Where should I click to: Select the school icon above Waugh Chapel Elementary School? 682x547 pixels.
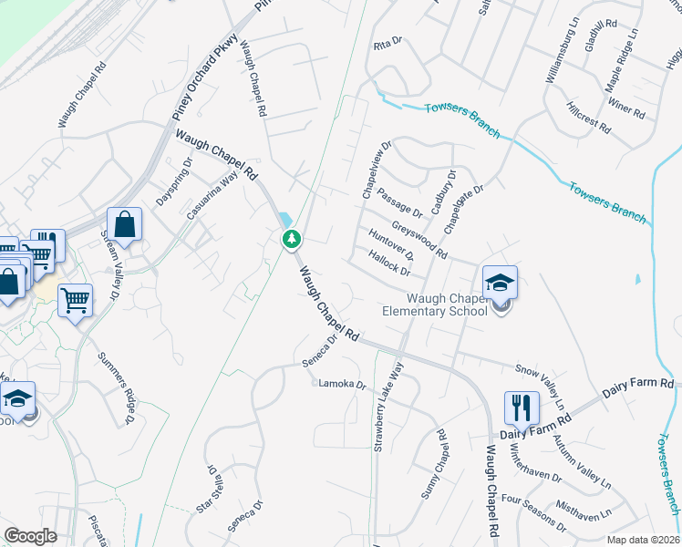click(499, 283)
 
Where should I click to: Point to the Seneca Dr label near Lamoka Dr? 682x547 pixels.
click(321, 350)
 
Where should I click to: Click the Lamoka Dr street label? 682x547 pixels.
click(341, 384)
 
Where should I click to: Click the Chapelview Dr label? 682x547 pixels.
click(376, 170)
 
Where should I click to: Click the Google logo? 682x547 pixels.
click(30, 535)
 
